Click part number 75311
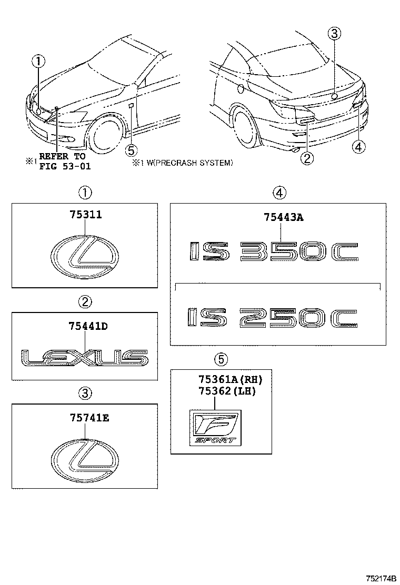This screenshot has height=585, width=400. pyautogui.click(x=85, y=215)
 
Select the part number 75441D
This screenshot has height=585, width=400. pyautogui.click(x=87, y=326)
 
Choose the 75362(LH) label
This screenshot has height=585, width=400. pyautogui.click(x=227, y=391)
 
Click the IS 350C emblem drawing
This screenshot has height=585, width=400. pyautogui.click(x=274, y=252)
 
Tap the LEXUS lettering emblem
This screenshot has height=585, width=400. pyautogui.click(x=85, y=357)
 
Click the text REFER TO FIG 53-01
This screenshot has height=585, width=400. pyautogui.click(x=62, y=163)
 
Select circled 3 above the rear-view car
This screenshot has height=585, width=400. pyautogui.click(x=335, y=34)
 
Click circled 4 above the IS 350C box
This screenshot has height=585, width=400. pyautogui.click(x=279, y=193)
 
